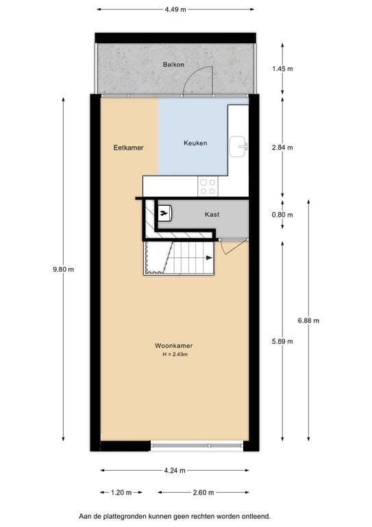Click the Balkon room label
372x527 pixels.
coord(174,65)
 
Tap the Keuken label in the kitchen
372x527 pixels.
coord(195,143)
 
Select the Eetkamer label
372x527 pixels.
coord(128,147)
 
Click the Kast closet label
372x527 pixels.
coord(212,215)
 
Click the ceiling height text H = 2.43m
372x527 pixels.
coord(174,355)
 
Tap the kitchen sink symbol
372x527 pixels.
coord(239,143)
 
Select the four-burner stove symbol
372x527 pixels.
coord(208,185)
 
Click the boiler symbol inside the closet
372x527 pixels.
coord(164,213)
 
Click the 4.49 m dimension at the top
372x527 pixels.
coord(175,10)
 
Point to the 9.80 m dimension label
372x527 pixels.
coord(63,269)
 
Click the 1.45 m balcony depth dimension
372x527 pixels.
coord(282,69)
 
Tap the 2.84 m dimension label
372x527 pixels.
coord(282,147)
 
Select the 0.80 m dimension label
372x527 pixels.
coord(282,215)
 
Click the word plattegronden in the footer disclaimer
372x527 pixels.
coord(138,515)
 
